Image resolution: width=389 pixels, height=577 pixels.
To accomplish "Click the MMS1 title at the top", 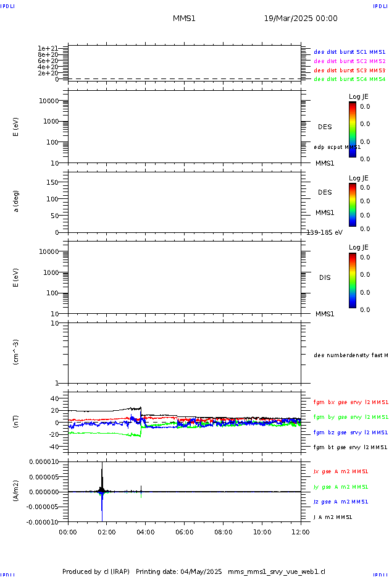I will point(184,19).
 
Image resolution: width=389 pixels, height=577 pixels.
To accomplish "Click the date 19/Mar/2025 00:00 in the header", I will point(301,19).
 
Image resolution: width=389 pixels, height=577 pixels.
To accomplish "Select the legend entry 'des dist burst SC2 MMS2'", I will point(349,61).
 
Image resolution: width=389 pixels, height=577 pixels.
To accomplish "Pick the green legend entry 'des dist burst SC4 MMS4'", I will point(349,79).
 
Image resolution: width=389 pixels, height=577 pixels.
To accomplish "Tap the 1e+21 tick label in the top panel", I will point(48,48).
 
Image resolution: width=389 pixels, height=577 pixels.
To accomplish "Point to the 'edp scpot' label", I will point(337,147).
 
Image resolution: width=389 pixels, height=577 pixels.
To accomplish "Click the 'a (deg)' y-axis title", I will point(17,201).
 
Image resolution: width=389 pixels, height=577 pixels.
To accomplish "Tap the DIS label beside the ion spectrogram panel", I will point(325,277).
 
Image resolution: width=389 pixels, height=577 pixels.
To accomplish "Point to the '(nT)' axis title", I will point(17,422).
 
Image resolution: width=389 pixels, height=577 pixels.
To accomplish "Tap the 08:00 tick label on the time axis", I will point(223,531).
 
